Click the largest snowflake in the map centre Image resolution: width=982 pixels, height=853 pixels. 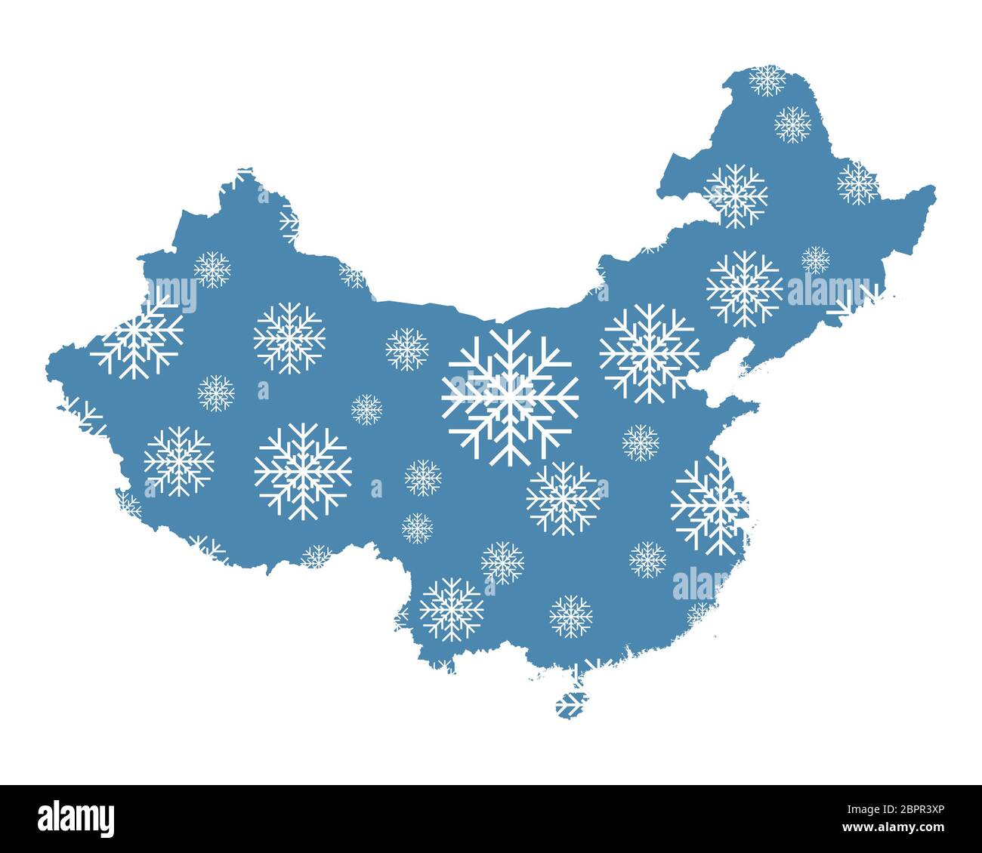click(x=510, y=396)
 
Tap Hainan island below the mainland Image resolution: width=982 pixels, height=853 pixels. click(x=571, y=704)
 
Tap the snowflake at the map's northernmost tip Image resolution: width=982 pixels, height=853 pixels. click(x=767, y=80)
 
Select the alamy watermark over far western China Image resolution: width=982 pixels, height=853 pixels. click(x=170, y=291)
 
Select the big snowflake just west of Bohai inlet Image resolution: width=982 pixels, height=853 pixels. click(x=649, y=353)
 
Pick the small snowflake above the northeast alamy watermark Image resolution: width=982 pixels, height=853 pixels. click(x=815, y=260)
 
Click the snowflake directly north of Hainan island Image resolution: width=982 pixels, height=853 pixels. click(x=571, y=616)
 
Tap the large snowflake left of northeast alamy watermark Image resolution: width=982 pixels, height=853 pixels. click(x=744, y=288)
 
